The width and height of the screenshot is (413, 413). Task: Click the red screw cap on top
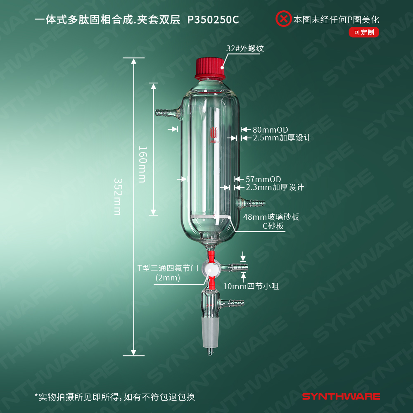(210, 68)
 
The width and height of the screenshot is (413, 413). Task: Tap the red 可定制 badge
(364, 32)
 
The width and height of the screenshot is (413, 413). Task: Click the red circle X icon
(283, 19)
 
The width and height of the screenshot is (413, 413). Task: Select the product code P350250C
(213, 20)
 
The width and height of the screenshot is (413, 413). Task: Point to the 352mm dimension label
(118, 197)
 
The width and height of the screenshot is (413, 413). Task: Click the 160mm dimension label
(142, 164)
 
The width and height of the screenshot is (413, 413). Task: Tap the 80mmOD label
(270, 130)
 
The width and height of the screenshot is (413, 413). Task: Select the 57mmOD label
(263, 179)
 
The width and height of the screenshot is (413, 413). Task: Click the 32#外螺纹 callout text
(245, 48)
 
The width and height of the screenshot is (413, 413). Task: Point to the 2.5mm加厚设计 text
(282, 138)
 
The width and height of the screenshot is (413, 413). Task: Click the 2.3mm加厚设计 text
(275, 187)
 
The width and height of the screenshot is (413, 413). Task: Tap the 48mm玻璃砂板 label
(271, 217)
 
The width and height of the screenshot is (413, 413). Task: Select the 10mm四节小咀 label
(251, 286)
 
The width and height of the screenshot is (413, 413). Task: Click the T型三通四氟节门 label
(168, 268)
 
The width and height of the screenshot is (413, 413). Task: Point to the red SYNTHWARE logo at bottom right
(341, 396)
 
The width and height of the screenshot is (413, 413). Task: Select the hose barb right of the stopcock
(234, 268)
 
